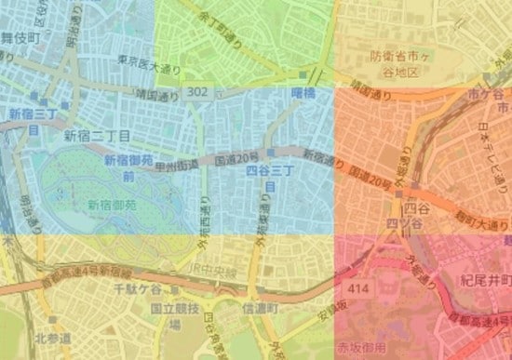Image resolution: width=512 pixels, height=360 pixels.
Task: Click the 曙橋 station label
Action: point(303,92)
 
